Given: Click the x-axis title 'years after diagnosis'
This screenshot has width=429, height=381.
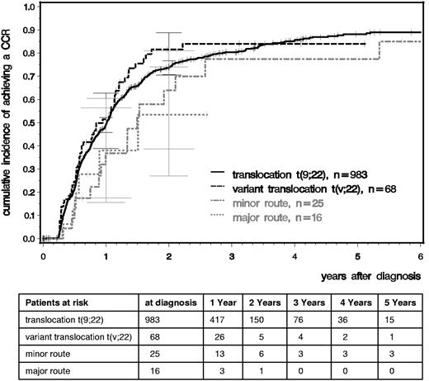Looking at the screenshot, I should [368, 273].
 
